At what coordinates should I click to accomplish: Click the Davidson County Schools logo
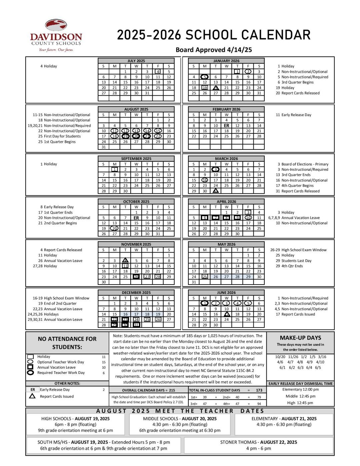tap(56, 35)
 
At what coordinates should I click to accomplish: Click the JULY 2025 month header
tap(136, 61)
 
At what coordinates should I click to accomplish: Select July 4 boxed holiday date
tap(158, 71)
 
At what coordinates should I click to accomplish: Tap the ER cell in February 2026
tap(226, 125)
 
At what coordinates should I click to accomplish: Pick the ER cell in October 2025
tap(136, 218)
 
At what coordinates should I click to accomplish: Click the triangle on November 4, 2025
tap(125, 260)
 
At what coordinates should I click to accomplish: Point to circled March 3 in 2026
tap(216, 169)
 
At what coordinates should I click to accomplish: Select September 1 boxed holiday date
tap(114, 169)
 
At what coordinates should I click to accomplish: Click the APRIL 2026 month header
tap(226, 201)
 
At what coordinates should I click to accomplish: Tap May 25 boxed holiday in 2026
tap(205, 277)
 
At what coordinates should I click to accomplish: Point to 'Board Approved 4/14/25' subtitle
tap(214, 50)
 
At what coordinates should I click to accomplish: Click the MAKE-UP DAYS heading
tap(300, 338)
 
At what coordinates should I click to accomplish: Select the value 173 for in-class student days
tap(259, 390)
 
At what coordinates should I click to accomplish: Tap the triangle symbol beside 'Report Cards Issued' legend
tap(32, 396)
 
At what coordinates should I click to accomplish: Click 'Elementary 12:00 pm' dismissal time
tap(300, 389)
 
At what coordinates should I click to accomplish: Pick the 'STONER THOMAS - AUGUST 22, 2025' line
tap(258, 442)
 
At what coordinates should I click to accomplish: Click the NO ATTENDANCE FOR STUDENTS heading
tap(67, 343)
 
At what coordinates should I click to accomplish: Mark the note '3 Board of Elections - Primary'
tap(303, 164)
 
